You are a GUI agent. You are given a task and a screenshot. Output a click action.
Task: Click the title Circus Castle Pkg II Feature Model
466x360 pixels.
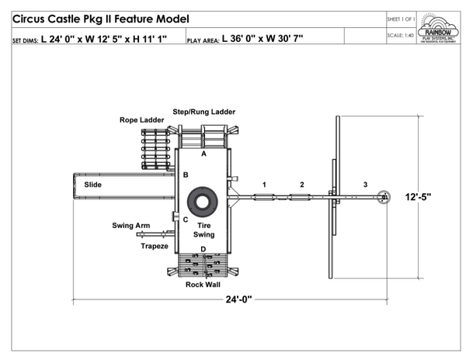(x=100, y=19)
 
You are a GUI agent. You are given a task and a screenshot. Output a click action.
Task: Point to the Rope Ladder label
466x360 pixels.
(x=141, y=120)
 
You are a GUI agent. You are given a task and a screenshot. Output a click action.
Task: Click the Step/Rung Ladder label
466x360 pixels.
(x=203, y=112)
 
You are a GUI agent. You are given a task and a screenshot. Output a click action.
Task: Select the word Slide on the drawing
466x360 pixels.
(x=93, y=185)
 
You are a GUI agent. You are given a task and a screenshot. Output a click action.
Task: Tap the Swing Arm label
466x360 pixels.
(x=131, y=226)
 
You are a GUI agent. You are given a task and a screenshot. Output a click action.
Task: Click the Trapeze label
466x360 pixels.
(x=154, y=246)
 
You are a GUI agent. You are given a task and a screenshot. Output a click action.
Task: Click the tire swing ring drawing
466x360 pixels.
(x=203, y=202)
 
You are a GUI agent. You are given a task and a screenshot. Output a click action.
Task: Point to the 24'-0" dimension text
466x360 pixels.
(x=233, y=299)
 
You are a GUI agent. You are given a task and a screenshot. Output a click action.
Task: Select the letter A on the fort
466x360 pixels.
(x=203, y=154)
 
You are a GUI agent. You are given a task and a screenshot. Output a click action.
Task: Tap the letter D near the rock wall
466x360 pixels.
(x=203, y=249)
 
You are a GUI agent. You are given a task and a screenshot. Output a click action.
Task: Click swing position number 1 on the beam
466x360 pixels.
(x=264, y=185)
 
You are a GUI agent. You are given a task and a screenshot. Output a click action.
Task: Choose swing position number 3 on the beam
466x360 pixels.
(x=364, y=185)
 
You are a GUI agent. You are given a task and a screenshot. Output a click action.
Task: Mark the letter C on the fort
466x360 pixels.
(x=185, y=220)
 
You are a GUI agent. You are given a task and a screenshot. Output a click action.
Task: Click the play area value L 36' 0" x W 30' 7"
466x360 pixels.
(x=263, y=37)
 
